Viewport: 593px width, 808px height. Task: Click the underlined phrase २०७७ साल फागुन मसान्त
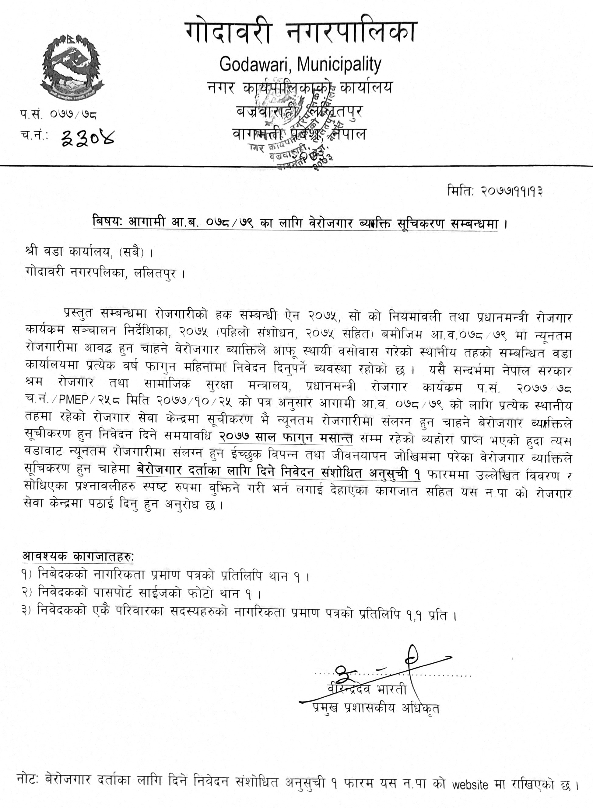286,438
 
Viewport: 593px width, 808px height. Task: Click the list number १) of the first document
29,576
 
